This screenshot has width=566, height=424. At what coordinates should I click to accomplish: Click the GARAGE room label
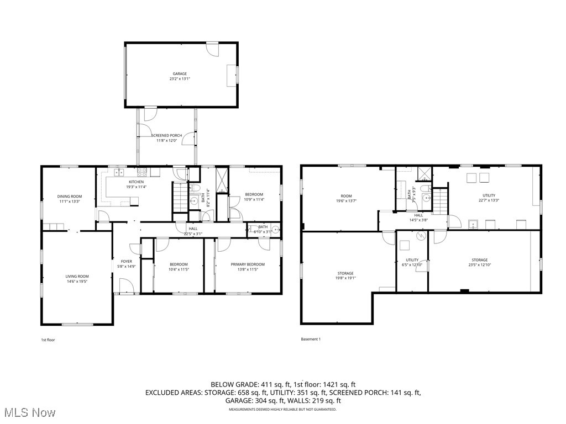tap(179, 73)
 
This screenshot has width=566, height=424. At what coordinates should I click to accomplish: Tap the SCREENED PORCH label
tap(167, 135)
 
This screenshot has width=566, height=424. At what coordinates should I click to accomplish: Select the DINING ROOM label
tap(70, 196)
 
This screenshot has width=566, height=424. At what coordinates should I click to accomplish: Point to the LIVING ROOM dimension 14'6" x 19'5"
tap(77, 282)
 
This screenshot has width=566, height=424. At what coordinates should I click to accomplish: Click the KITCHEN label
tap(137, 182)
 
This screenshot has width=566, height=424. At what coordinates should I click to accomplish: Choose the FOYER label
tap(127, 261)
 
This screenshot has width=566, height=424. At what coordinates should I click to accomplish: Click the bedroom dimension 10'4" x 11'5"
tap(179, 269)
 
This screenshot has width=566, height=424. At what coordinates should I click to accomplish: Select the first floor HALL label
tap(193, 229)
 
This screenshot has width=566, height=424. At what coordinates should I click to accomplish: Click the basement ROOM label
tap(346, 196)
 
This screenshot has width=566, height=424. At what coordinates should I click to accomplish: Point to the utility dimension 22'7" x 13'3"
tap(489, 200)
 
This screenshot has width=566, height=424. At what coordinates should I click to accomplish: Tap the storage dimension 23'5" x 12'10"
tap(480, 265)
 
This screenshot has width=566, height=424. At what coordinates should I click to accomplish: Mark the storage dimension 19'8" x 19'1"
tap(346, 278)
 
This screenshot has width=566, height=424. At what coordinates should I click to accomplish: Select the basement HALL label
tap(418, 215)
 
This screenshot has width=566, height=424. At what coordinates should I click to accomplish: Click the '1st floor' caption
tap(48, 340)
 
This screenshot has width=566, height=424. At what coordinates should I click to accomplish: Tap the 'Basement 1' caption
tap(311, 339)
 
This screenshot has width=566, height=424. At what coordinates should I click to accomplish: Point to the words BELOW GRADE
tap(234, 384)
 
